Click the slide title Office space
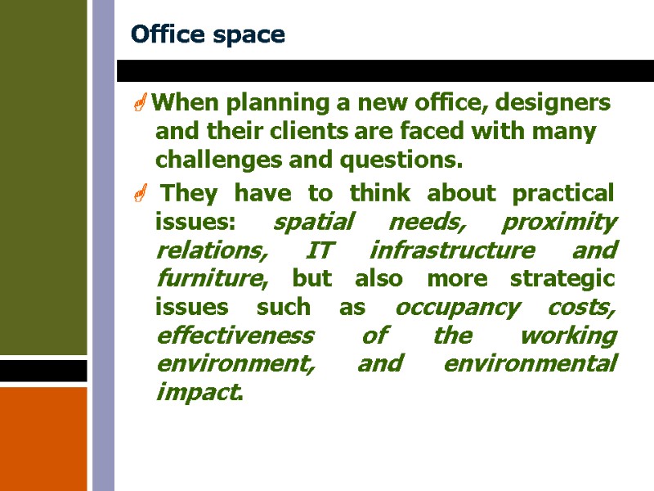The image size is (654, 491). (x=208, y=35)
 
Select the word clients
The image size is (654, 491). (x=309, y=132)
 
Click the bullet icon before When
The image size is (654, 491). (x=141, y=104)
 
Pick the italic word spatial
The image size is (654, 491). (x=313, y=222)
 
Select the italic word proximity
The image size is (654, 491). (x=559, y=222)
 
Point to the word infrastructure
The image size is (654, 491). (x=451, y=250)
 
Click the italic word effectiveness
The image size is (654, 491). (x=234, y=336)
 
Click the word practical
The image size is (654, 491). (x=562, y=194)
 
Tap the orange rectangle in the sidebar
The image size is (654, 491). (x=43, y=438)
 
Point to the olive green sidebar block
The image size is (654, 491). (x=43, y=176)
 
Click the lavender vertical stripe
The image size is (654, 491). (x=103, y=245)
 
